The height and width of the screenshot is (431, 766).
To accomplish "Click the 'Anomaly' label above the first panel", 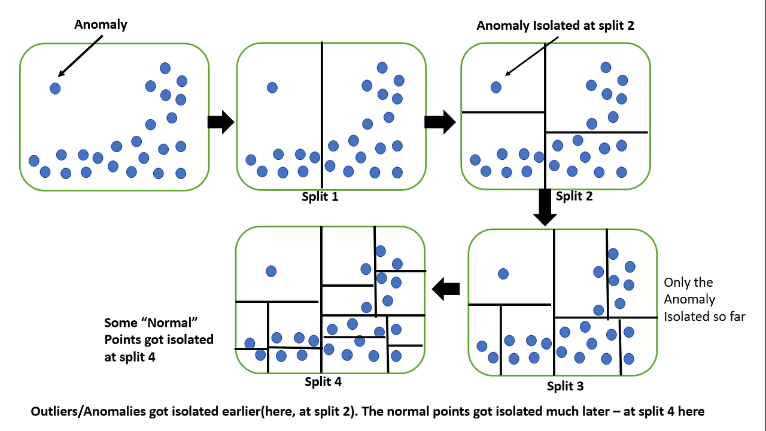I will pyautogui.click(x=101, y=25).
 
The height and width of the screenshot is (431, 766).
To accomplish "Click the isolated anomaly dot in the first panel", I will pyautogui.click(x=55, y=89).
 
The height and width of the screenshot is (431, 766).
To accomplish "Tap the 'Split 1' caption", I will pyautogui.click(x=320, y=196).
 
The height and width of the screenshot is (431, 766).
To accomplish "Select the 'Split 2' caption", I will pyautogui.click(x=574, y=196).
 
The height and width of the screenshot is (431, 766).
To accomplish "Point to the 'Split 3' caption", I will pyautogui.click(x=565, y=386).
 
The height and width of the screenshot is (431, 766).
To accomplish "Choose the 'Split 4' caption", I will pyautogui.click(x=323, y=381).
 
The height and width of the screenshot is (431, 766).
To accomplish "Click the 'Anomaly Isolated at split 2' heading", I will pyautogui.click(x=555, y=25).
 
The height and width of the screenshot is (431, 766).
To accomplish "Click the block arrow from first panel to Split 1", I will pyautogui.click(x=220, y=122).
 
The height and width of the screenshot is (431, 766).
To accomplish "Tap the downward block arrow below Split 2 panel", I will pyautogui.click(x=545, y=207).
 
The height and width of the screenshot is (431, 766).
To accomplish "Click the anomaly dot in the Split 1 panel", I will pyautogui.click(x=272, y=87).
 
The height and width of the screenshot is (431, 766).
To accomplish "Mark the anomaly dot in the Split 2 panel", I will pyautogui.click(x=496, y=87).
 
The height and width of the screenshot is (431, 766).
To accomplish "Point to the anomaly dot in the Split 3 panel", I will pyautogui.click(x=503, y=274).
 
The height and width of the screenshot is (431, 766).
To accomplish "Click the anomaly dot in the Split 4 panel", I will pyautogui.click(x=271, y=271).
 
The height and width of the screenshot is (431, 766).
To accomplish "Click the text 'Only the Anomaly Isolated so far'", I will pyautogui.click(x=704, y=299).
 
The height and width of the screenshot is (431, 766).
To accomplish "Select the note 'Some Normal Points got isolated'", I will pyautogui.click(x=159, y=339).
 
